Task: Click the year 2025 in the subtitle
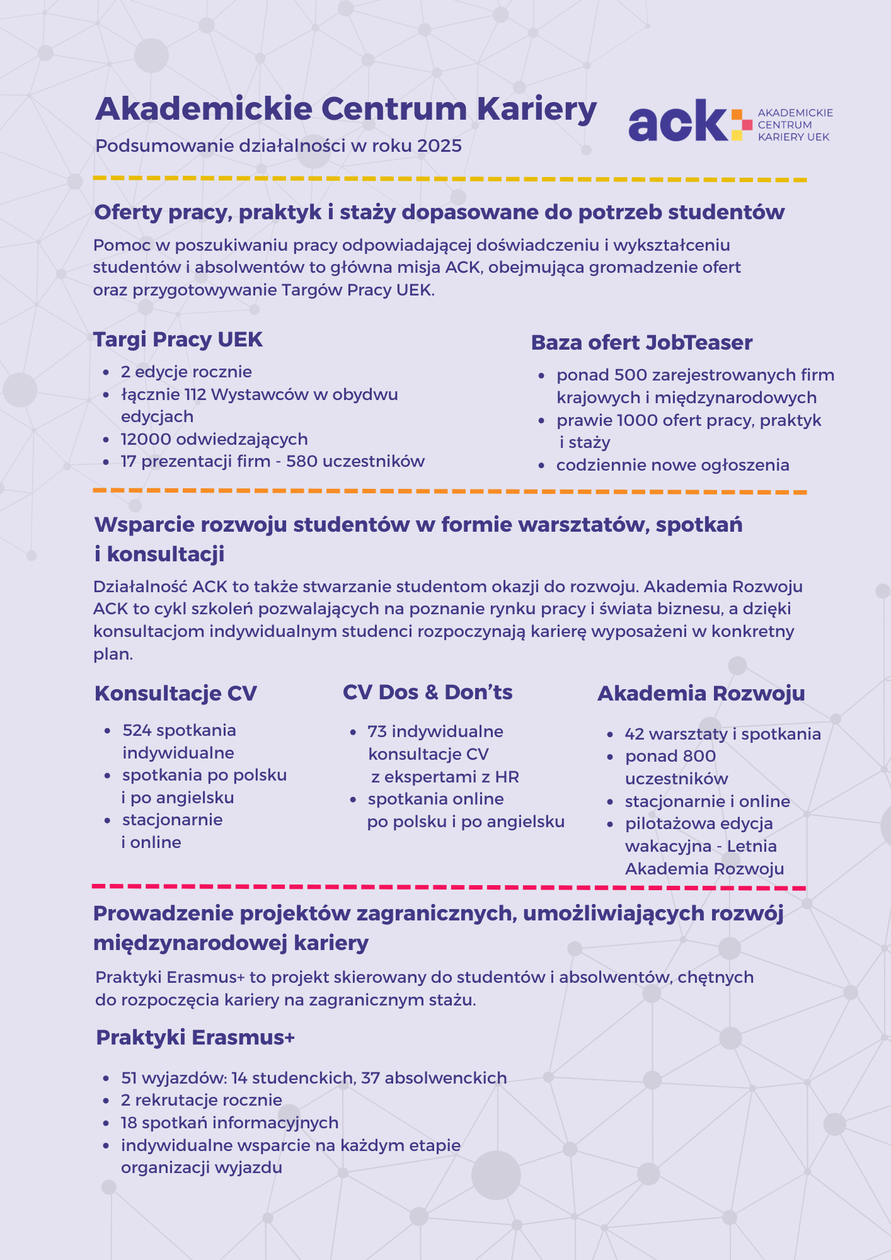(x=439, y=146)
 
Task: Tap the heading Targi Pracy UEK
(x=178, y=340)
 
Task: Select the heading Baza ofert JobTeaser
(x=641, y=343)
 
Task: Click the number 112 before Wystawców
(x=195, y=394)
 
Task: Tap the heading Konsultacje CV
(x=176, y=694)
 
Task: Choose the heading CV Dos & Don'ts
(x=427, y=692)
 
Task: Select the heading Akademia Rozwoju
(x=701, y=694)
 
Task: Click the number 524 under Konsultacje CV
(x=137, y=731)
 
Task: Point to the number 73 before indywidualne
(x=377, y=732)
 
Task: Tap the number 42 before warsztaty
(x=635, y=735)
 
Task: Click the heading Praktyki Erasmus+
(x=195, y=1038)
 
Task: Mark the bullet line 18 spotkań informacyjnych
(x=229, y=1123)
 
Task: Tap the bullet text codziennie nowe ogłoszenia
(x=672, y=466)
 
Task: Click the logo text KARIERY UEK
(x=793, y=137)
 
